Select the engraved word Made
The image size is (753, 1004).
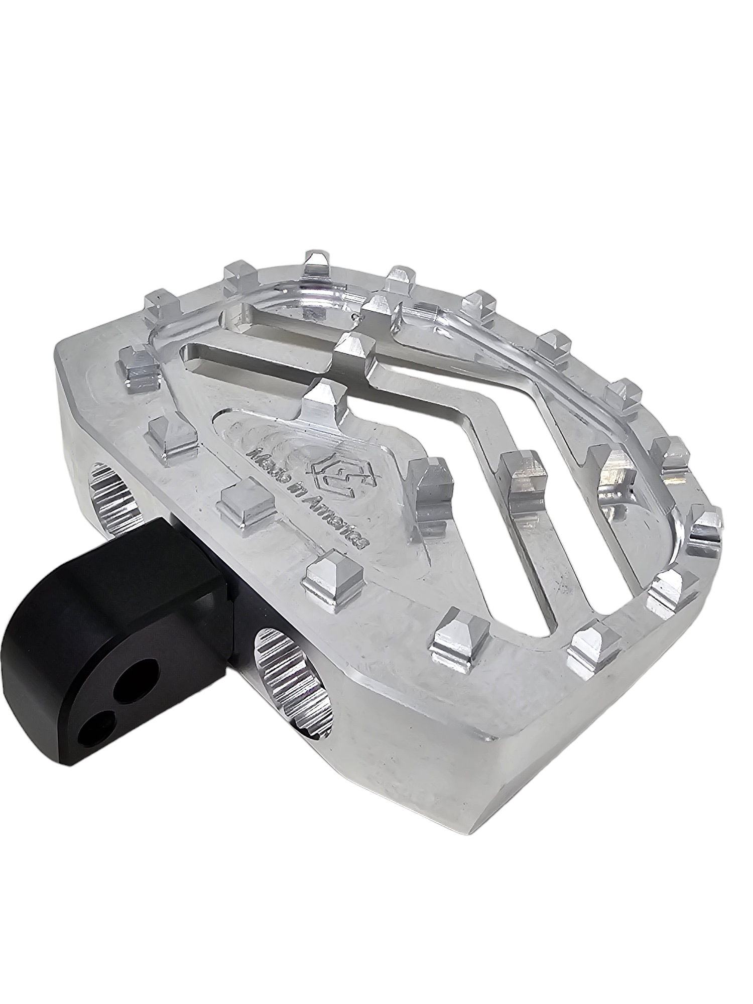[x=269, y=453]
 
